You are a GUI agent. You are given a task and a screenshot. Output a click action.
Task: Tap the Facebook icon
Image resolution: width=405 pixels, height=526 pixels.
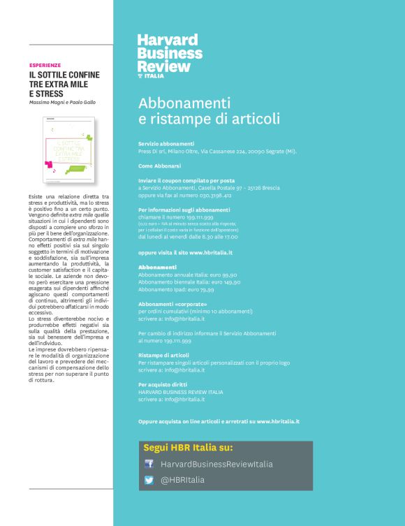[x=149, y=464]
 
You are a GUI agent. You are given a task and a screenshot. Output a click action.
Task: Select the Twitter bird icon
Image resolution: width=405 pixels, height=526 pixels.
[x=149, y=480]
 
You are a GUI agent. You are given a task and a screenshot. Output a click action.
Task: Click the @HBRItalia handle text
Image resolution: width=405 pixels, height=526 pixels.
[x=183, y=480]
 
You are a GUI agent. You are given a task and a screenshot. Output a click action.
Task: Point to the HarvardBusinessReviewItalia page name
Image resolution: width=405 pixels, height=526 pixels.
[x=216, y=464]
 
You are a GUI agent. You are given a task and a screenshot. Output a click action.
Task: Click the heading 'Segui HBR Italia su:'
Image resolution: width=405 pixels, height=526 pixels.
[x=188, y=447]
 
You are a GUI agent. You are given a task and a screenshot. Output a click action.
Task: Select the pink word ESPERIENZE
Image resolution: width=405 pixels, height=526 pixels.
[x=45, y=64]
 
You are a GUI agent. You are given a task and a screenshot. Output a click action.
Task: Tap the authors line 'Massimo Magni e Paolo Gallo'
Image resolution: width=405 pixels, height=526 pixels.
[x=61, y=103]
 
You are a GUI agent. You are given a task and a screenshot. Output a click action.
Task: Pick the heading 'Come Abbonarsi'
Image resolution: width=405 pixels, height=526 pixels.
[x=159, y=166]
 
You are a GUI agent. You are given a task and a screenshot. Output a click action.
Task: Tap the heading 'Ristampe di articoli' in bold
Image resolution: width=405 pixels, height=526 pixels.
[x=163, y=356]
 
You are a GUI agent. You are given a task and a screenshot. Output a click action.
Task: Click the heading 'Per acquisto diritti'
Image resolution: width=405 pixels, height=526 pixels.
[x=164, y=385]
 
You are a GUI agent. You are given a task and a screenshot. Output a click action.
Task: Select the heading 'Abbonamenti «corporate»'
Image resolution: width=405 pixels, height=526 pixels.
[x=172, y=304]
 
